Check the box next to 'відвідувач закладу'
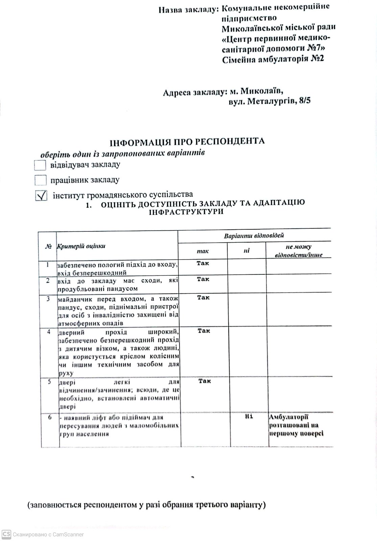pos(40,165)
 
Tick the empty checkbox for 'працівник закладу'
pos(40,180)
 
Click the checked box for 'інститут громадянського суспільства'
pos(41,196)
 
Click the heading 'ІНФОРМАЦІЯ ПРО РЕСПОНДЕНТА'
pos(187,141)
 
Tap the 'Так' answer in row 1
pos(203,263)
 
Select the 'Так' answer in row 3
pos(203,297)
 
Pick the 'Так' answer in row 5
pos(205,381)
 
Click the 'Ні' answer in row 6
pos(249,416)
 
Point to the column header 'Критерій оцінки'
pos(81,246)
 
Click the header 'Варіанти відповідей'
pos(254,235)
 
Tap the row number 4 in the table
pos(49,332)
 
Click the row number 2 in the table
pos(48,280)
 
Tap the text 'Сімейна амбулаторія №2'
pos(273,59)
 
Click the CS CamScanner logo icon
pos(6,534)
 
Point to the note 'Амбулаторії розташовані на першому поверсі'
pos(296,425)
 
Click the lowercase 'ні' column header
pos(246,251)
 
